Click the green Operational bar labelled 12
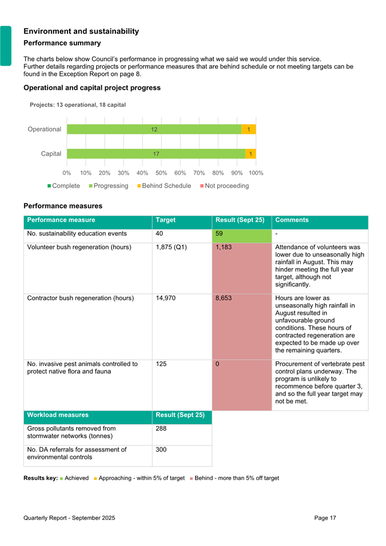[x=154, y=130]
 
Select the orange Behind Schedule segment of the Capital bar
[x=250, y=154]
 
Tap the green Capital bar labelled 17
[x=156, y=154]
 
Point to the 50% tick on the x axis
[x=161, y=173]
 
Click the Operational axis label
[x=45, y=129]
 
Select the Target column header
[x=165, y=220]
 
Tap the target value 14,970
[x=166, y=298]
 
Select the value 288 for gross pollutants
[x=161, y=428]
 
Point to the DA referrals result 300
[x=161, y=450]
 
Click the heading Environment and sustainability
[x=81, y=31]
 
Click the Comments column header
[x=292, y=220]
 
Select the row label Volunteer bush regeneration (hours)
[x=79, y=247]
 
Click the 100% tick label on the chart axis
[x=256, y=173]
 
